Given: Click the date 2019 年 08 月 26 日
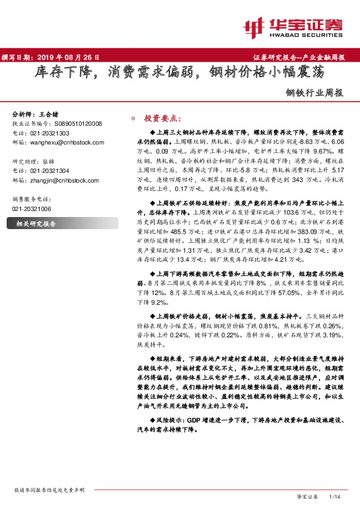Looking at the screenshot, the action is click(x=68, y=57).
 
